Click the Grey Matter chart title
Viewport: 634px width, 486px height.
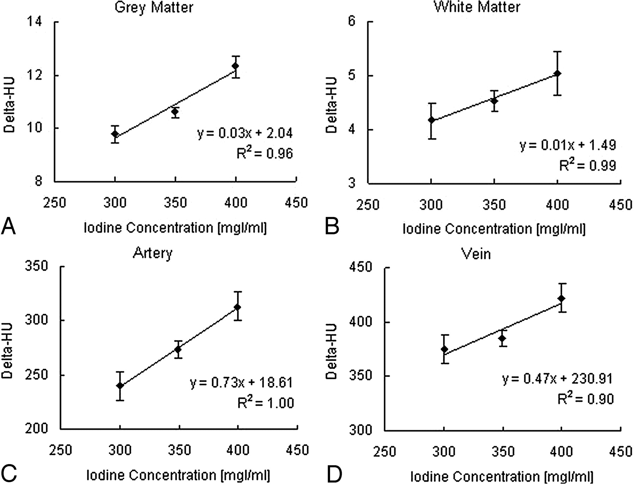pos(154,7)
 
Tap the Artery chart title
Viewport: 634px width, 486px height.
pos(153,253)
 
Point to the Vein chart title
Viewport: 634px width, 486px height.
pos(476,254)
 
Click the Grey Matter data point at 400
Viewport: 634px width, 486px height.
pos(235,66)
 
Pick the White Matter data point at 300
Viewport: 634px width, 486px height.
pos(431,120)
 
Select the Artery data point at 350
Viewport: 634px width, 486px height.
pos(178,349)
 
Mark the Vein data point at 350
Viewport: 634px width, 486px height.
pos(502,338)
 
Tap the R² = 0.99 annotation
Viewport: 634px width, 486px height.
pos(588,165)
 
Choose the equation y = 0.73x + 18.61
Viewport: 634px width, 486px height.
pos(241,382)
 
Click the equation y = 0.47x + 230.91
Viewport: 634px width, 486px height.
pos(557,379)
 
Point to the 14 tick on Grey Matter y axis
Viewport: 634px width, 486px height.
pos(35,22)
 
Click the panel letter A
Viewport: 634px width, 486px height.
pos(8,226)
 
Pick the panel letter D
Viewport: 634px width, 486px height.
pos(334,475)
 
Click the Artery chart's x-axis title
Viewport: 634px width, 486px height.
pos(178,475)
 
